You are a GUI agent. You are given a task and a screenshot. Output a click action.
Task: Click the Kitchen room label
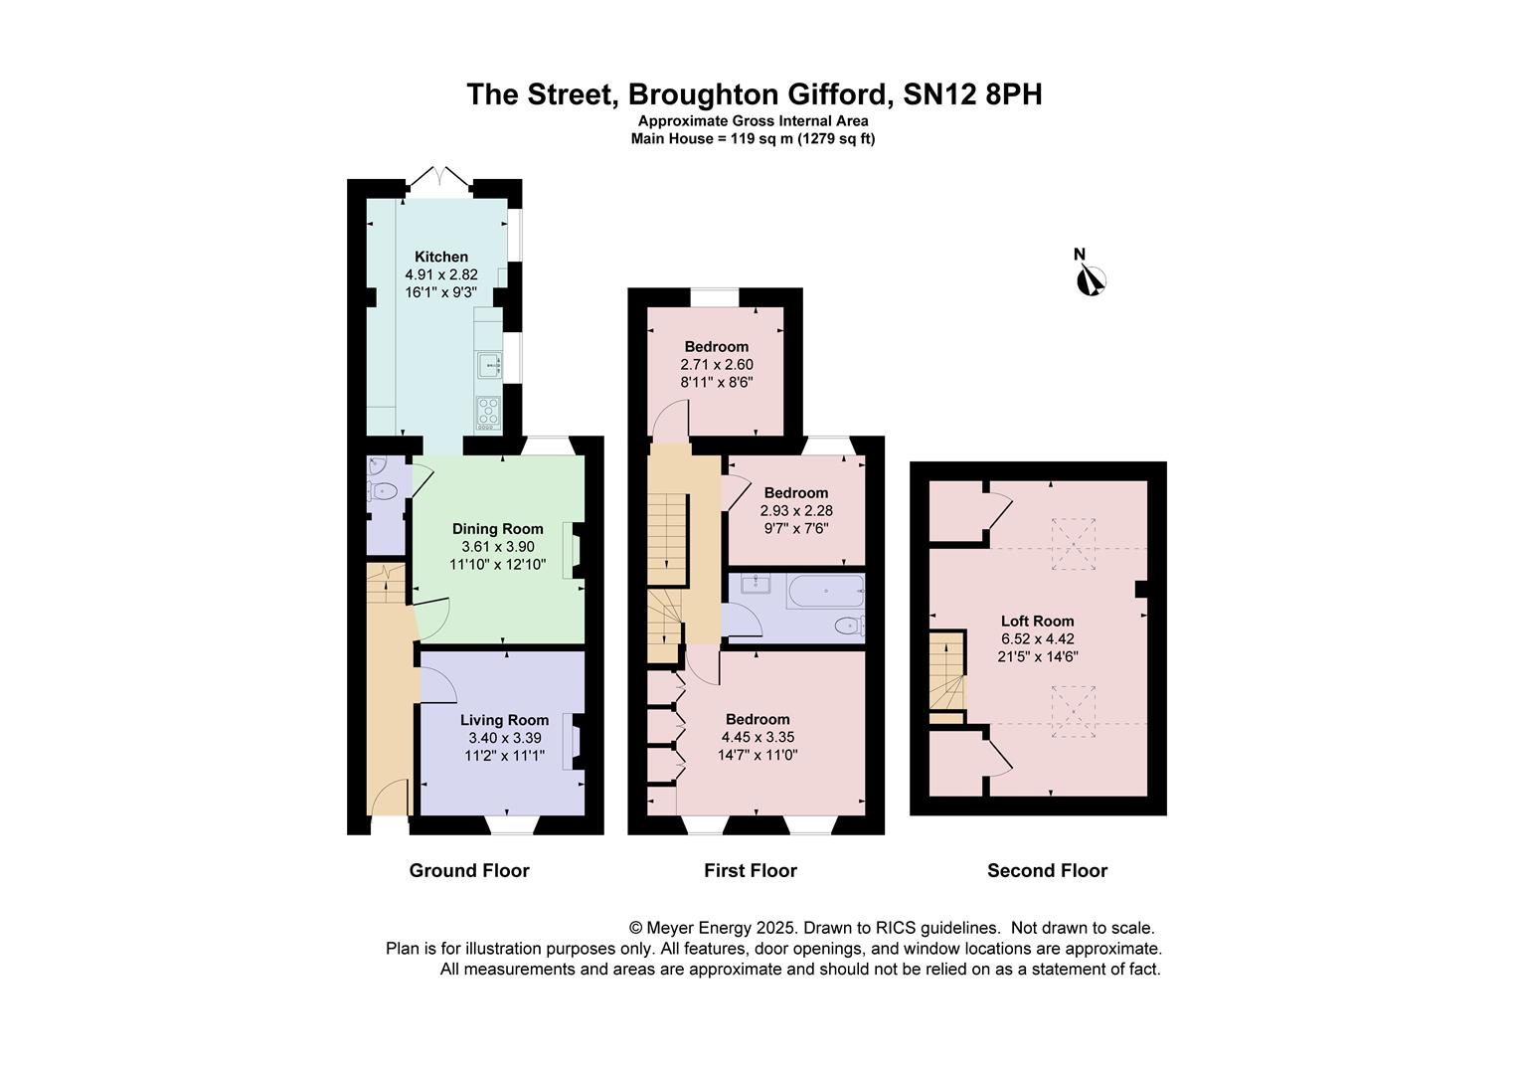click(x=440, y=257)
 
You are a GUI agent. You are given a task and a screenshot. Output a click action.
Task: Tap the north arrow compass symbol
click(x=1092, y=279)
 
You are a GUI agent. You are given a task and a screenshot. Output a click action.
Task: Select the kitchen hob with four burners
click(x=488, y=413)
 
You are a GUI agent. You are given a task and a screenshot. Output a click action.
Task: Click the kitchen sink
click(x=489, y=364)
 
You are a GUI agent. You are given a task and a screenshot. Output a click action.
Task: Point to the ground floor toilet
click(x=382, y=490)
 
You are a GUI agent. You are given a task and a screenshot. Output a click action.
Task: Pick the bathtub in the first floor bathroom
click(x=825, y=591)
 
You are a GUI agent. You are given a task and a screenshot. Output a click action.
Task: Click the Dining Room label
click(x=498, y=529)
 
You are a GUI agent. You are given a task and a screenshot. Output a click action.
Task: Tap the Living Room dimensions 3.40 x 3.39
click(x=505, y=738)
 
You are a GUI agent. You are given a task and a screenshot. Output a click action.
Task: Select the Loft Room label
click(x=1038, y=621)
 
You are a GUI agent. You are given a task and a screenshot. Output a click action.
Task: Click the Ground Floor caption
click(x=469, y=870)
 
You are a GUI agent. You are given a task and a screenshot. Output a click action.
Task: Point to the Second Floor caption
click(x=1047, y=870)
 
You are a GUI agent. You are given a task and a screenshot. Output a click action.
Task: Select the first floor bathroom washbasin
click(x=755, y=583)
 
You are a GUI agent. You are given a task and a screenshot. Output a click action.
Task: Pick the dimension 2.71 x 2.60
click(x=717, y=364)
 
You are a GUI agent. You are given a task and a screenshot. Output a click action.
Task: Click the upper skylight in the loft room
click(x=1074, y=544)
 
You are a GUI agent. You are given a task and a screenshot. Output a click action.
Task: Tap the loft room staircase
click(x=946, y=677)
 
